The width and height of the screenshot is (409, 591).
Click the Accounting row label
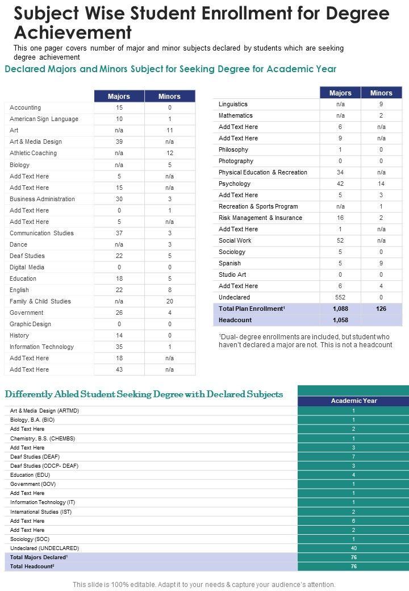click(25, 107)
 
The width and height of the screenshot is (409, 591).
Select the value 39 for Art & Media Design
click(119, 141)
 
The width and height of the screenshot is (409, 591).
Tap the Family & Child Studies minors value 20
click(169, 301)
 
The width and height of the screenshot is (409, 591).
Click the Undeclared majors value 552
click(340, 297)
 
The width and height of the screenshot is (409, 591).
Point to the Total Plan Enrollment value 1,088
click(340, 309)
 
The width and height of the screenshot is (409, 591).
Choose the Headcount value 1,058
click(340, 320)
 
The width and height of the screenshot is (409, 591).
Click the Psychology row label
click(235, 184)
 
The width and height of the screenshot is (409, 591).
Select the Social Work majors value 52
click(340, 240)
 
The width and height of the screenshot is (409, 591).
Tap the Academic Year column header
click(353, 401)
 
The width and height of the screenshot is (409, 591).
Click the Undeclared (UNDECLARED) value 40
click(353, 548)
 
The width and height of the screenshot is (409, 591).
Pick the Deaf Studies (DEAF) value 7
click(353, 456)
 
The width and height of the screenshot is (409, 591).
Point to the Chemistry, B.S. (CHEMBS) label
click(43, 438)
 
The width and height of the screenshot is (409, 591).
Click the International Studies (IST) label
click(41, 511)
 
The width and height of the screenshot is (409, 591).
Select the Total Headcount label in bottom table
click(32, 567)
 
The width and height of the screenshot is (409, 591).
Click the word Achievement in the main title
click(73, 31)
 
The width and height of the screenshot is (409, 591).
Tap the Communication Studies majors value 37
click(119, 233)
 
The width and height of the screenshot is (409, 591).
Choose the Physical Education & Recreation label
click(263, 172)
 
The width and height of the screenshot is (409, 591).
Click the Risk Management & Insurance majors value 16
click(340, 218)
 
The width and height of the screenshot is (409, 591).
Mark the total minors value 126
click(381, 309)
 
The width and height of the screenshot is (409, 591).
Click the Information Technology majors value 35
click(119, 347)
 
